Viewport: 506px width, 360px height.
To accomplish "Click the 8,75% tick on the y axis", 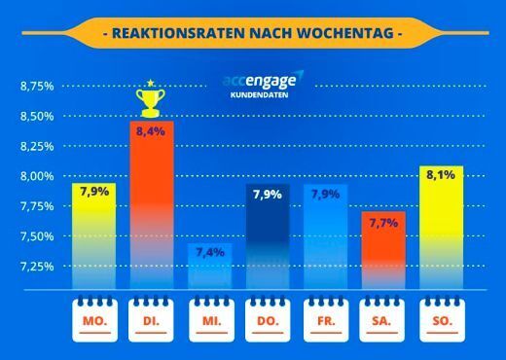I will pyautogui.click(x=36, y=87).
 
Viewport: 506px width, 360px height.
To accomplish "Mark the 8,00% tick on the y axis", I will pyautogui.click(x=36, y=176).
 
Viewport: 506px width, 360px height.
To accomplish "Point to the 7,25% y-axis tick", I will pyautogui.click(x=36, y=266).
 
